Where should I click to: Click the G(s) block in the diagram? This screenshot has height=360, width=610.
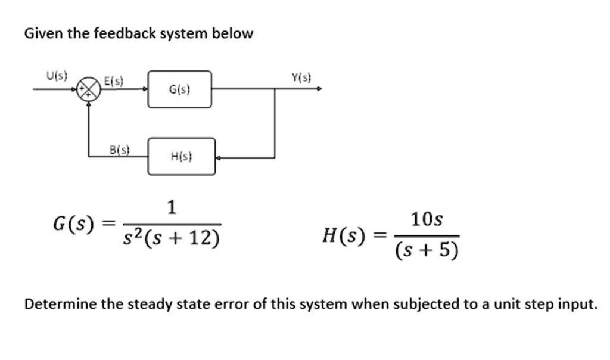pos(179,89)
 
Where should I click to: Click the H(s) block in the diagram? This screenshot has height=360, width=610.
pos(181,157)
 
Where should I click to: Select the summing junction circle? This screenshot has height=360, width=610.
pos(89,89)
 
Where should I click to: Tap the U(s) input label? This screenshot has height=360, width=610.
pos(57,76)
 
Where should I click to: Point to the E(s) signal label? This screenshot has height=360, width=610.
pos(113,82)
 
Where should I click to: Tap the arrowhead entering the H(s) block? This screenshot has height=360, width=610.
pos(219,158)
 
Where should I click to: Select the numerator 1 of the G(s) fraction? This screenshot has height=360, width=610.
pos(172,208)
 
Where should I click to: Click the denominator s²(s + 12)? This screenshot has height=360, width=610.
pos(171,238)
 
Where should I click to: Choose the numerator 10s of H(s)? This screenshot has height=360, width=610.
pos(427,219)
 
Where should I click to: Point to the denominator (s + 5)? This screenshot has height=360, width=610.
pos(427,250)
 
